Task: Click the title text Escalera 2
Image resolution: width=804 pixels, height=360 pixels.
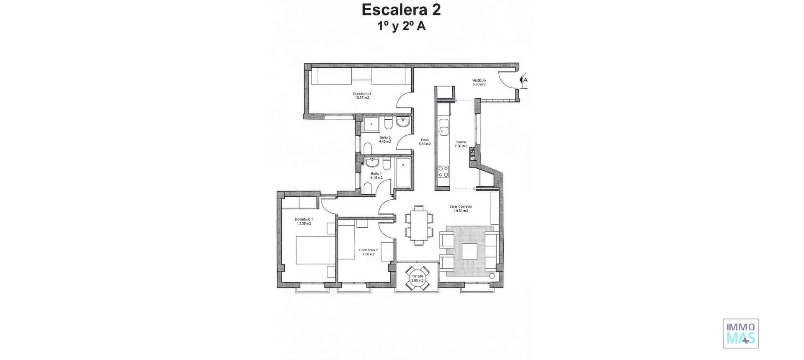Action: coord(401,10)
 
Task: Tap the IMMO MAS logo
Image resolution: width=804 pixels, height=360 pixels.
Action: coord(740,333)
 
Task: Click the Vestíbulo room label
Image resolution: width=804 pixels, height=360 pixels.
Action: coord(479,82)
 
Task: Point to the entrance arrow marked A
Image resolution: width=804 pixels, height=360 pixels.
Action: coord(523,80)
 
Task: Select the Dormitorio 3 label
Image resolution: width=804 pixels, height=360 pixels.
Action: coord(362,95)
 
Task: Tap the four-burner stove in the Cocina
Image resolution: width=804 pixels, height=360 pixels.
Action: coord(443,171)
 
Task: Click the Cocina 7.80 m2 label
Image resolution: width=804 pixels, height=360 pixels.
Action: coord(461,144)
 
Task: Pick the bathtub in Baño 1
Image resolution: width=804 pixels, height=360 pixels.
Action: coord(403,172)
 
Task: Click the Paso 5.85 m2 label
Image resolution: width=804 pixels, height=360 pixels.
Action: coord(425,142)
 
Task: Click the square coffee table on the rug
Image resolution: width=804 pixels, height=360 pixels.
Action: coord(469,251)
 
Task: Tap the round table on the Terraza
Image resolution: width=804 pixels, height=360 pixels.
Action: coord(417,278)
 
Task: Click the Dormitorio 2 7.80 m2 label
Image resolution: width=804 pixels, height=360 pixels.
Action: coord(368,252)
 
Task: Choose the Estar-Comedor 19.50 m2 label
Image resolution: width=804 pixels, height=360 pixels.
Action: coord(461,208)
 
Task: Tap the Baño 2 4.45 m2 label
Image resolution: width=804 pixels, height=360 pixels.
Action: coord(385,139)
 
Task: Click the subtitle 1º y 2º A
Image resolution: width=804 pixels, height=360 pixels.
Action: coord(401,26)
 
